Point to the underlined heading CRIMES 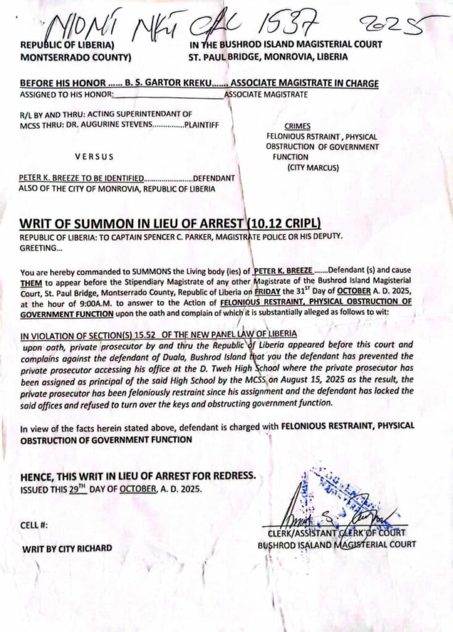click(297, 125)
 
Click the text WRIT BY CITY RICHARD click(67, 548)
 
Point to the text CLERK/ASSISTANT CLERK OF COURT click(336, 533)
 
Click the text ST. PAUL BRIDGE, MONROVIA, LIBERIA click(268, 56)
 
